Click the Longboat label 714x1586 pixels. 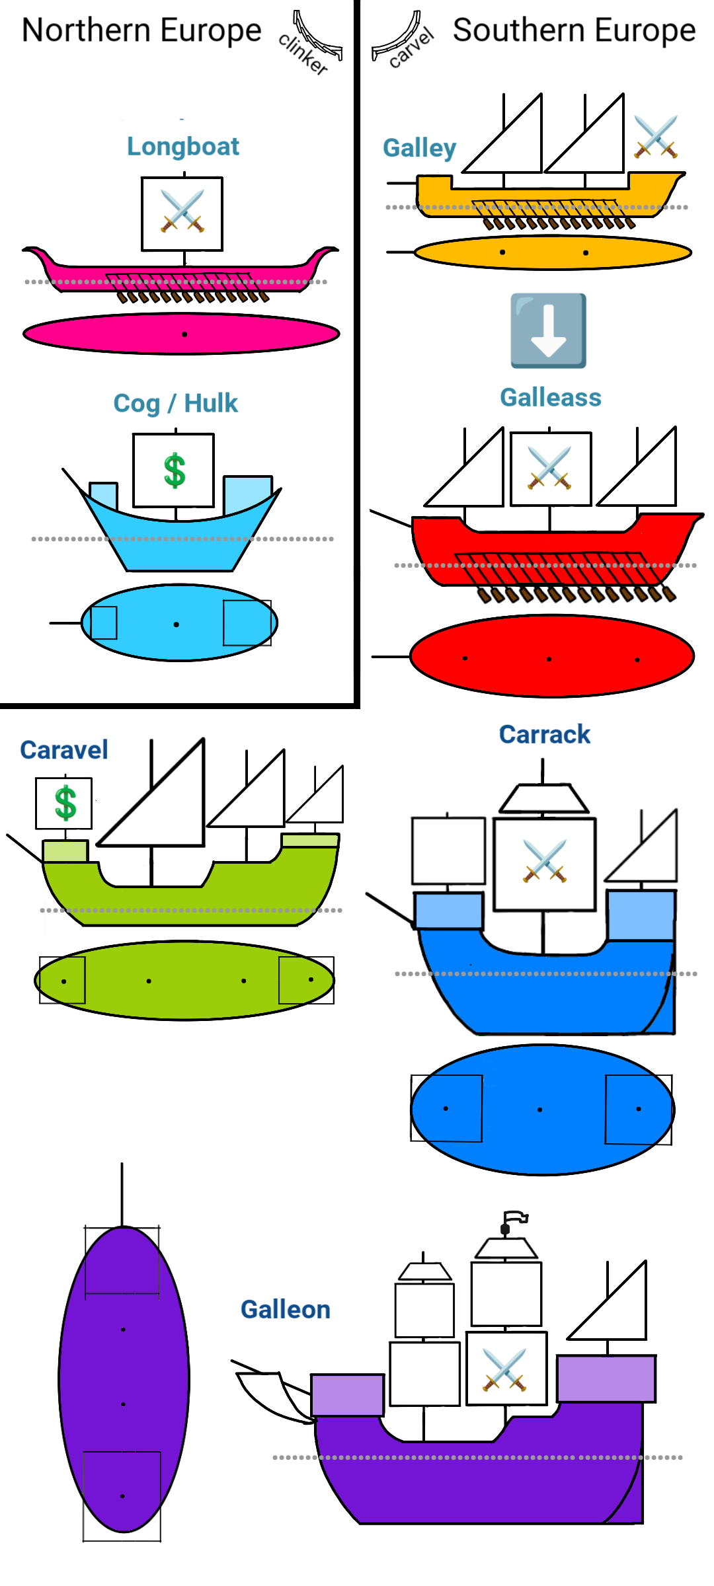183,147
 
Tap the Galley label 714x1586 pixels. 420,148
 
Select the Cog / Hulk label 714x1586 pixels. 175,403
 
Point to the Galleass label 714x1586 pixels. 551,398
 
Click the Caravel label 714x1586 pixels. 64,750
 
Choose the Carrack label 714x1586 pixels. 544,734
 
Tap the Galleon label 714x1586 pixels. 286,1309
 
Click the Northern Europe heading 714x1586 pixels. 141,30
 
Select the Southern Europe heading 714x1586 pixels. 574,30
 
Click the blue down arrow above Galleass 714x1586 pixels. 548,330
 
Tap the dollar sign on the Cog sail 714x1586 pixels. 175,471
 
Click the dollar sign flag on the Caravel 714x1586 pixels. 65,803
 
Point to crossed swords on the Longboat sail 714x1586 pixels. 182,211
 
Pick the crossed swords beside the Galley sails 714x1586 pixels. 656,137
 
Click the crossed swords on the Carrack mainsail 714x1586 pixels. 545,861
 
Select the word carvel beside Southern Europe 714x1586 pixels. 411,48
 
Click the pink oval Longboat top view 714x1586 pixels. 182,334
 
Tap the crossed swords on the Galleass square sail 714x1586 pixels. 549,468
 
